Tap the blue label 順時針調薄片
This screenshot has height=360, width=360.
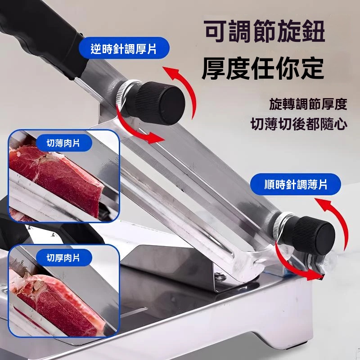295,184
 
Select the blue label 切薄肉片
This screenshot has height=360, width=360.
63,144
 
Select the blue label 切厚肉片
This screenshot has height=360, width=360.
63,257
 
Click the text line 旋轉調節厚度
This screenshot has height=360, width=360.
308,104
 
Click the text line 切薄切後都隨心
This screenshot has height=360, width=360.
299,124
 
